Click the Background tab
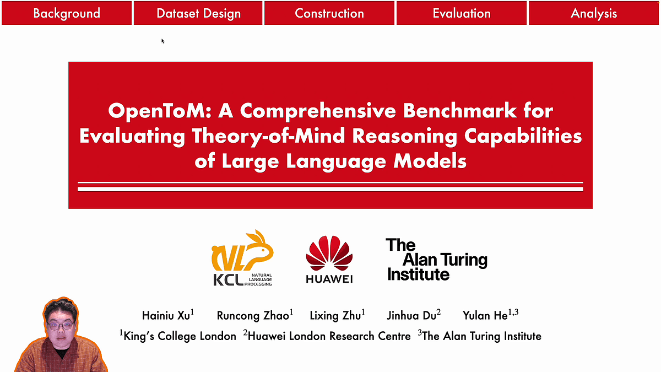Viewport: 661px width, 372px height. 67,13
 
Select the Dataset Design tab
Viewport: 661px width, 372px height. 198,13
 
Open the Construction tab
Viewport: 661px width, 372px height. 329,13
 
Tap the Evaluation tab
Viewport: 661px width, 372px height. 462,13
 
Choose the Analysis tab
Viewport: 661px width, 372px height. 594,13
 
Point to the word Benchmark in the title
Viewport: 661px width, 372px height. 478,111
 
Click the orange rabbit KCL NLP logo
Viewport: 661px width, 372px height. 242,258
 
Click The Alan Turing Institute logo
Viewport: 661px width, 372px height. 436,259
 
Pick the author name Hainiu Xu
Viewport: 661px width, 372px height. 167,315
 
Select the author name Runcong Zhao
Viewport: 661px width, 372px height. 254,315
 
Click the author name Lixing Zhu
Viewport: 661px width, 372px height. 337,315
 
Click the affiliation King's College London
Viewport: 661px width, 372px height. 179,336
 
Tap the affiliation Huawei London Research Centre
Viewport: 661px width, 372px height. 328,336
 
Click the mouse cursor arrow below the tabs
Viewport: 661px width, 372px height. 162,40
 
